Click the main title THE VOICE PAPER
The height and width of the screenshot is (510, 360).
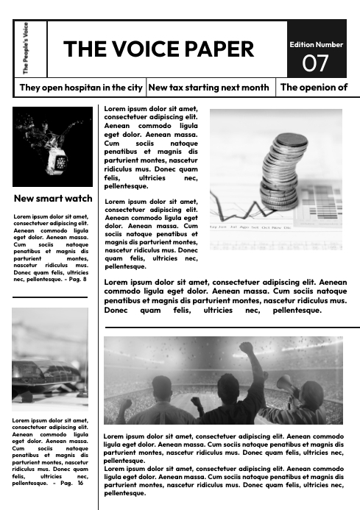[x=158, y=49]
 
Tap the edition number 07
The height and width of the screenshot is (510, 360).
[x=316, y=63]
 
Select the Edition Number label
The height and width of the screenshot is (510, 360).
[x=316, y=44]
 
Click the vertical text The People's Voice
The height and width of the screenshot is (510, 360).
[x=27, y=49]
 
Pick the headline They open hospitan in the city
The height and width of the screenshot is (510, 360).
[x=80, y=88]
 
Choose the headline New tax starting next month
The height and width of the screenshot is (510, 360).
[x=208, y=88]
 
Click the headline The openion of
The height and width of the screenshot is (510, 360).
[x=314, y=88]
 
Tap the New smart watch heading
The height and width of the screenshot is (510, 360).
[x=53, y=198]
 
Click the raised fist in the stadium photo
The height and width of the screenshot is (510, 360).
[x=245, y=349]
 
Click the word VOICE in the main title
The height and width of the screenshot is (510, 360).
[x=147, y=49]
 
